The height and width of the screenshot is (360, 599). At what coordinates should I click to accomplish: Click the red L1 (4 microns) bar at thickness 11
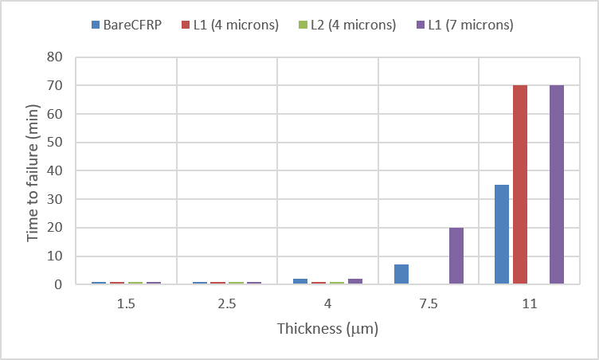pyautogui.click(x=520, y=184)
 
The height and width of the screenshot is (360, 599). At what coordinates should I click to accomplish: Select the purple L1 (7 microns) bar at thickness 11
pyautogui.click(x=557, y=184)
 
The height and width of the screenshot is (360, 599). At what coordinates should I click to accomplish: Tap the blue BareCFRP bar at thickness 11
pyautogui.click(x=502, y=234)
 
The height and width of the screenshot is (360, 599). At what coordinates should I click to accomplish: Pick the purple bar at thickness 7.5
pyautogui.click(x=456, y=256)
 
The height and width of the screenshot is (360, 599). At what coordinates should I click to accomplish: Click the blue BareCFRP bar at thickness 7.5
pyautogui.click(x=401, y=274)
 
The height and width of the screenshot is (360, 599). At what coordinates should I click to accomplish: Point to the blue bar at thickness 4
pyautogui.click(x=301, y=281)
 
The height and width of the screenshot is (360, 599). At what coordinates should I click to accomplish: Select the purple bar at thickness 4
pyautogui.click(x=355, y=281)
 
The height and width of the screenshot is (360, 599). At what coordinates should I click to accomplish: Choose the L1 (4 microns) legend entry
pyautogui.click(x=235, y=25)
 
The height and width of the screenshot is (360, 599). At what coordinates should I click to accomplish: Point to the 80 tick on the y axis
pyautogui.click(x=55, y=57)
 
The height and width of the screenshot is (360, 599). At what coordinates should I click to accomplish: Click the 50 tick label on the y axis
pyautogui.click(x=55, y=143)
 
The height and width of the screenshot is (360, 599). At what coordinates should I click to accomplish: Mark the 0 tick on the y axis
pyautogui.click(x=59, y=284)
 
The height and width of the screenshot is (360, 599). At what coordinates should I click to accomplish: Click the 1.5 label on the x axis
pyautogui.click(x=126, y=303)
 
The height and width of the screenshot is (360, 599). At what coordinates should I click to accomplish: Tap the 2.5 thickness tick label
pyautogui.click(x=227, y=303)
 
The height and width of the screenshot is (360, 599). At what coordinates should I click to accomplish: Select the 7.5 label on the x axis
pyautogui.click(x=429, y=303)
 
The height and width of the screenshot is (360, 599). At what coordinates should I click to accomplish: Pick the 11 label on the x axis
pyautogui.click(x=530, y=303)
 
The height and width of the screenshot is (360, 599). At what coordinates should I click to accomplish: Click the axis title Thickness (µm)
pyautogui.click(x=327, y=328)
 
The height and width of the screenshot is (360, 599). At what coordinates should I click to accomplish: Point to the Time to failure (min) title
pyautogui.click(x=33, y=170)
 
